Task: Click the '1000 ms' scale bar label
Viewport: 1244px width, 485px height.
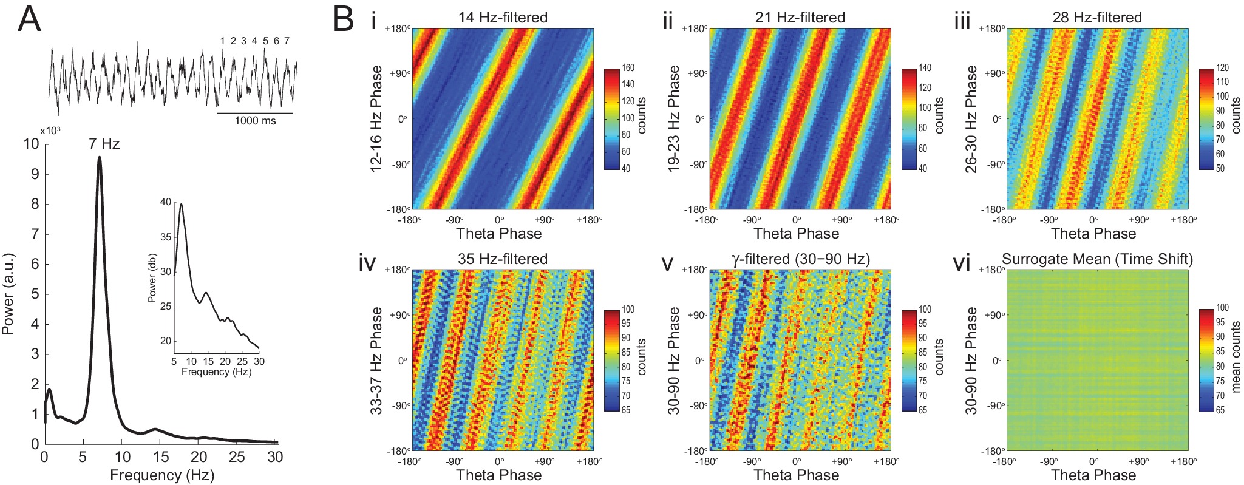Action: pos(255,121)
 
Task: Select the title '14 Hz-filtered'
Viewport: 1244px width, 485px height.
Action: pos(503,18)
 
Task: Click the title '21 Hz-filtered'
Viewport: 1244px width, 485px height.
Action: pos(800,18)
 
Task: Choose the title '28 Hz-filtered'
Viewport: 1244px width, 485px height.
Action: pos(1097,18)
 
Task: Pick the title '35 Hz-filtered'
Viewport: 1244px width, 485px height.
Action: pos(503,259)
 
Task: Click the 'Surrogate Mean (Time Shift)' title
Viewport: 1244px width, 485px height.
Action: pos(1097,259)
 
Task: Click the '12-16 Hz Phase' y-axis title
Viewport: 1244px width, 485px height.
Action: pos(377,119)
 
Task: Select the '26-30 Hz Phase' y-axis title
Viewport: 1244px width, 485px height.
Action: pos(971,119)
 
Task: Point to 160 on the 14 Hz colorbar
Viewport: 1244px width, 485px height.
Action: pos(628,68)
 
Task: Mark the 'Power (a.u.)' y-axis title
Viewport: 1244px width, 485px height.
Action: pos(8,294)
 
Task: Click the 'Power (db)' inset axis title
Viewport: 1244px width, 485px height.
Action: pos(152,278)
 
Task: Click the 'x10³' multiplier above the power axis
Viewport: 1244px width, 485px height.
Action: pos(50,131)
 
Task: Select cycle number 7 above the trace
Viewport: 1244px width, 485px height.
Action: pos(287,41)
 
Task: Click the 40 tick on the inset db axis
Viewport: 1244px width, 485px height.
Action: pos(166,202)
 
